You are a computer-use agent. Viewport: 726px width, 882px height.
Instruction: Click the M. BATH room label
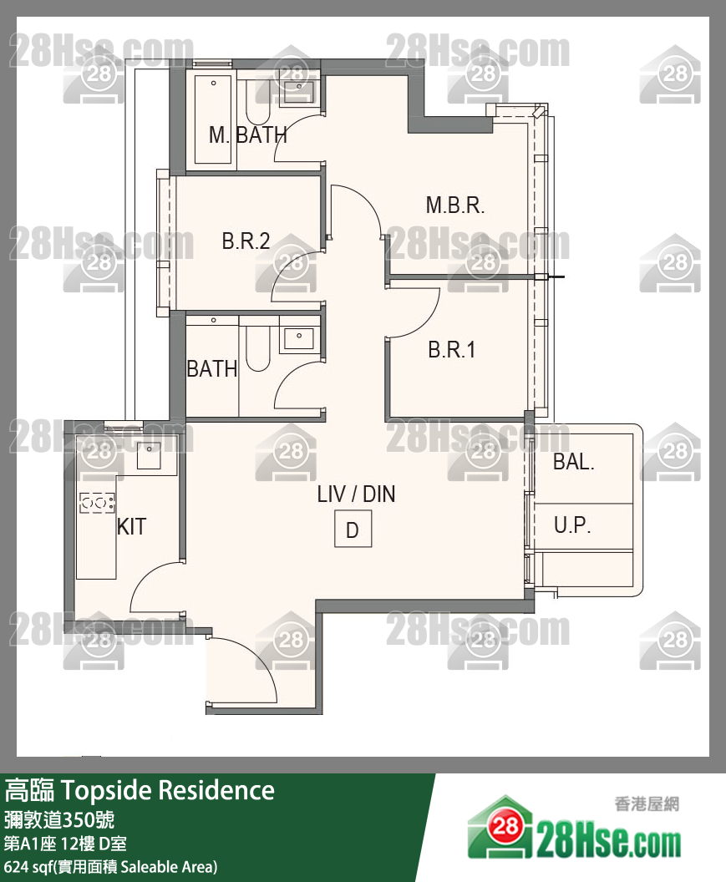click(x=247, y=135)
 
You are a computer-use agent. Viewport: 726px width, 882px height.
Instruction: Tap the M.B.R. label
click(x=454, y=205)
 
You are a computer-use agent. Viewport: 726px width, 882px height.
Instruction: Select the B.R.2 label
click(x=246, y=241)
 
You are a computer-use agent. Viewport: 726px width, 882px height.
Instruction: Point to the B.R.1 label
click(x=451, y=350)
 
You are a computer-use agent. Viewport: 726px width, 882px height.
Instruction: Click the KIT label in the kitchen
click(x=132, y=527)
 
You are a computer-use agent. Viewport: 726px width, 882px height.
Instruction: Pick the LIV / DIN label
click(x=356, y=494)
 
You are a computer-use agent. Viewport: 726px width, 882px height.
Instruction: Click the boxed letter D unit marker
click(x=353, y=529)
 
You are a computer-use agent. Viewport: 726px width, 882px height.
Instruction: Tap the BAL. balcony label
click(x=573, y=462)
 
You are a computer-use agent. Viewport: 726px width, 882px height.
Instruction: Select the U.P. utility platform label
click(x=571, y=525)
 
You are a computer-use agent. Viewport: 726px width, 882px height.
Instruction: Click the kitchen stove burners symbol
click(x=98, y=502)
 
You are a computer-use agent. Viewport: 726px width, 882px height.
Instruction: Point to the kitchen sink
click(x=150, y=456)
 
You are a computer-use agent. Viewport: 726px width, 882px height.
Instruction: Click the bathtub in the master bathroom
click(x=213, y=119)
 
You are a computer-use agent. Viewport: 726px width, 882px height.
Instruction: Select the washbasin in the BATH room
click(x=299, y=338)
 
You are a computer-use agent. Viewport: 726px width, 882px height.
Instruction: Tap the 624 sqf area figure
click(x=27, y=867)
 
